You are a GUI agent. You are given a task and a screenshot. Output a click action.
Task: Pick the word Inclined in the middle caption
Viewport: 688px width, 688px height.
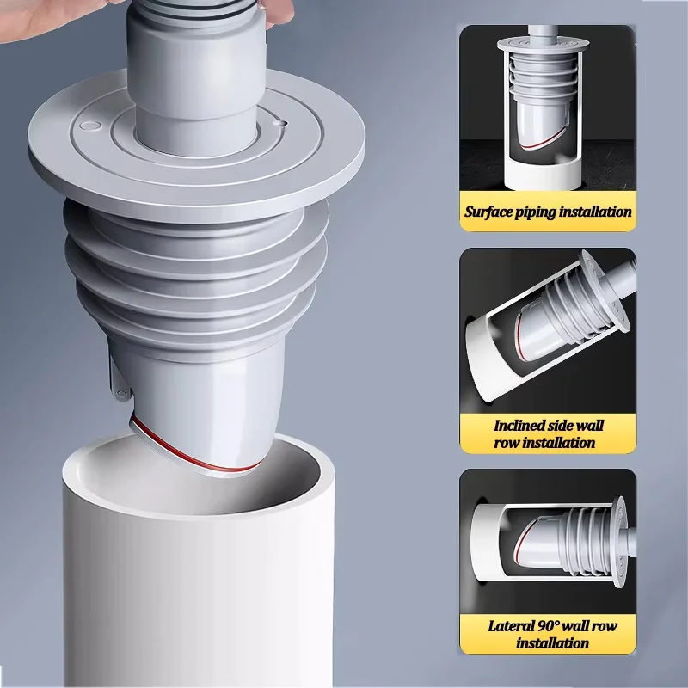click(521, 426)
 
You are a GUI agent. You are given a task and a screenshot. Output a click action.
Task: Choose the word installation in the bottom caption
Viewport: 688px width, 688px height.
click(552, 643)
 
